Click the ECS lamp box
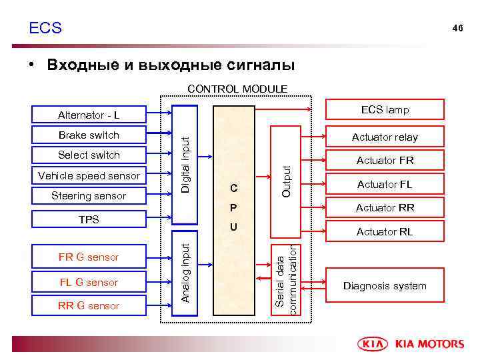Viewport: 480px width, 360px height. (385, 110)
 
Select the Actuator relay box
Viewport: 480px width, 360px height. (385, 137)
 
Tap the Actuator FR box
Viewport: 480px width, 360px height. (385, 161)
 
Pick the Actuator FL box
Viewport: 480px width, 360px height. (385, 185)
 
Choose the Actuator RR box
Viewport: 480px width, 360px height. (385, 208)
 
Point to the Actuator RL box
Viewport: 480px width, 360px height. (385, 232)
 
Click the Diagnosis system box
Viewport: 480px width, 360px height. (385, 286)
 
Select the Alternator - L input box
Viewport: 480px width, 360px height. (89, 115)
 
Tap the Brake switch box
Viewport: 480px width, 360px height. (89, 135)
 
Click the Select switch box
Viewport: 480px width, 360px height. (89, 155)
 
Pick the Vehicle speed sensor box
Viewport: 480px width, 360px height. (89, 176)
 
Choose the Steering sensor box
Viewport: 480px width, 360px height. (89, 196)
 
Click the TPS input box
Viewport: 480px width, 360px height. (89, 219)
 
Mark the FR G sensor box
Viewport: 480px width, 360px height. (89, 257)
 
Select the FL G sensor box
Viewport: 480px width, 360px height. (89, 282)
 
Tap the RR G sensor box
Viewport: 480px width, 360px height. (89, 306)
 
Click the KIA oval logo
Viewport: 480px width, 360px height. (375, 344)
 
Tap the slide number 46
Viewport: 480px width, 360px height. (457, 28)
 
